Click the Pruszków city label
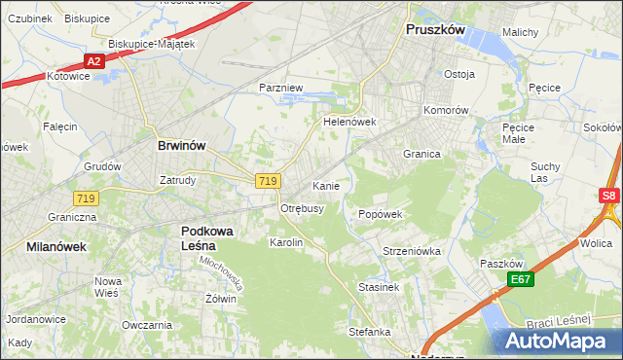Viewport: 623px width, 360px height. [435, 30]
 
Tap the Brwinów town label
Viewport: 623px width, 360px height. [181, 145]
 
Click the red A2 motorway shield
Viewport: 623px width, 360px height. [93, 61]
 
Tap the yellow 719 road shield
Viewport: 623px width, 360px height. [269, 181]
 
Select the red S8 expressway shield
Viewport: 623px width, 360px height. [608, 196]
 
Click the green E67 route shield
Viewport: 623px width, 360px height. [520, 280]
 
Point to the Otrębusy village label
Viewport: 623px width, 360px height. [302, 208]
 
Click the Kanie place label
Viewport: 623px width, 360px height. [325, 185]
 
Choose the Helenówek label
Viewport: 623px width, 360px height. [349, 123]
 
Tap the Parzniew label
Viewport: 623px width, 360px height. [282, 88]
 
